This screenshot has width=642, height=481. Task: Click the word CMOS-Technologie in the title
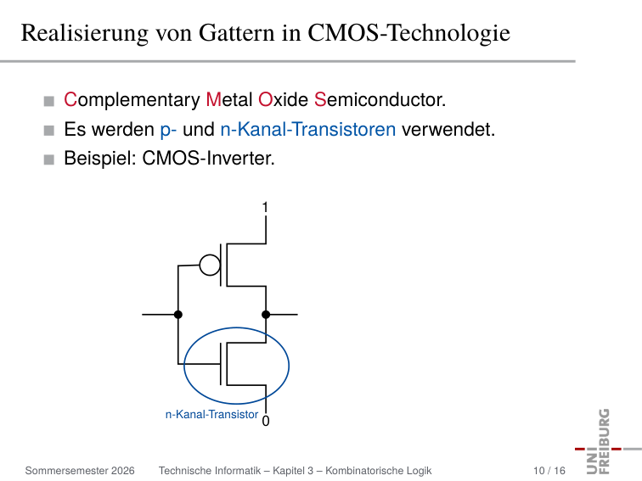(x=408, y=33)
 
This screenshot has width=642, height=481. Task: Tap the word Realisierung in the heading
(x=85, y=33)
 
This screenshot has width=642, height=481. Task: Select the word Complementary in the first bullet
(x=132, y=100)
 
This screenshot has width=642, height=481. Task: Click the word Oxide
(x=283, y=100)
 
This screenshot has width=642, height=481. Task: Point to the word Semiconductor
(x=380, y=100)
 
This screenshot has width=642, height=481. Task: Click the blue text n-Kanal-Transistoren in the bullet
(x=308, y=130)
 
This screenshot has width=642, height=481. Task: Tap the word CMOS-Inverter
(x=208, y=159)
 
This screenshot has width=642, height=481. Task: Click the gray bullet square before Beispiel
(x=48, y=159)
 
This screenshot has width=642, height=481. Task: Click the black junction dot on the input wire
(x=178, y=315)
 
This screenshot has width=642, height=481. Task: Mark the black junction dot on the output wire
(x=266, y=315)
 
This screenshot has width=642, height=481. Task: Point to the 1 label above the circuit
(x=265, y=208)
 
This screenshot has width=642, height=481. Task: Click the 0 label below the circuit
(x=266, y=421)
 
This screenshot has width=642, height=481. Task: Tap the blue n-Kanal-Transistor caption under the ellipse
(x=211, y=415)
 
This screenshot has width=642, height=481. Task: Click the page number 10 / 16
(x=549, y=471)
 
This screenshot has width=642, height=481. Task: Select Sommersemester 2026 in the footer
(x=80, y=471)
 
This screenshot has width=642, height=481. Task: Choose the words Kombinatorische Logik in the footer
(x=379, y=471)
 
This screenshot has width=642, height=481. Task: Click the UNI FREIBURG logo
(x=604, y=441)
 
